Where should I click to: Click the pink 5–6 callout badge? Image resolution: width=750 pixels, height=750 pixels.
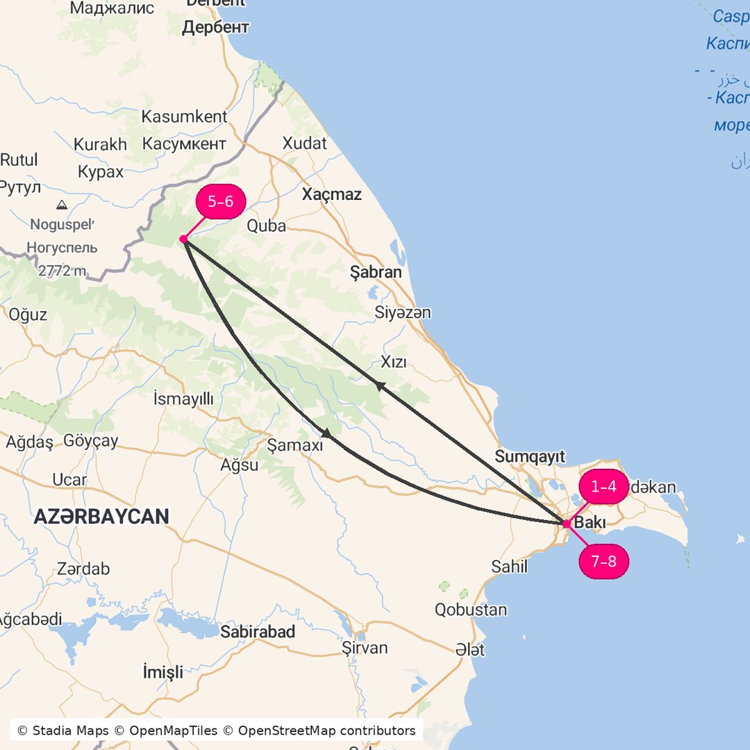(221, 202)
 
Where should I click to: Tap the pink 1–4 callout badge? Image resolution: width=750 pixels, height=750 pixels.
(603, 487)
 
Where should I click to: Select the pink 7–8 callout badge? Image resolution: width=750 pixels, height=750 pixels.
(603, 561)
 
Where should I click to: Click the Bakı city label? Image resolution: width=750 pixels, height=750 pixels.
(590, 523)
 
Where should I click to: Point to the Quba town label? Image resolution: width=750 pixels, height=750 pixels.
(267, 226)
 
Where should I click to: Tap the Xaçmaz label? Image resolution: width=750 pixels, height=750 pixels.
(331, 194)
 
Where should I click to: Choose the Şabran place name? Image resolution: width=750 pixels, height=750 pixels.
(376, 272)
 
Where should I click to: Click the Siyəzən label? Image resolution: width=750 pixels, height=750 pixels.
(402, 312)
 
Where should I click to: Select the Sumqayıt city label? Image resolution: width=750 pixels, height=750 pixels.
(530, 456)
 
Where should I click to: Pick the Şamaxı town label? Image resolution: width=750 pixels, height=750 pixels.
(295, 445)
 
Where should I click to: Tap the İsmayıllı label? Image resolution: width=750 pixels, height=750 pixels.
(183, 398)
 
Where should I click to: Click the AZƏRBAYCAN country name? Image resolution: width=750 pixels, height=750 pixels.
(101, 517)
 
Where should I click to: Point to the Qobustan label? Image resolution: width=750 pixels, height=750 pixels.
(471, 610)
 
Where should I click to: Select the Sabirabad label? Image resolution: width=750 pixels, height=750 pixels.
(258, 632)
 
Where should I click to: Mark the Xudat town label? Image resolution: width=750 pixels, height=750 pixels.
(304, 143)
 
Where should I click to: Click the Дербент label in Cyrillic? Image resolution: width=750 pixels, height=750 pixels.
(215, 28)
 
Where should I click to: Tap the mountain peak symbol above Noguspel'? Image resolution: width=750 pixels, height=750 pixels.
(62, 205)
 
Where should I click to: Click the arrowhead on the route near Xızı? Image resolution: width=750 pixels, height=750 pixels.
(379, 385)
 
